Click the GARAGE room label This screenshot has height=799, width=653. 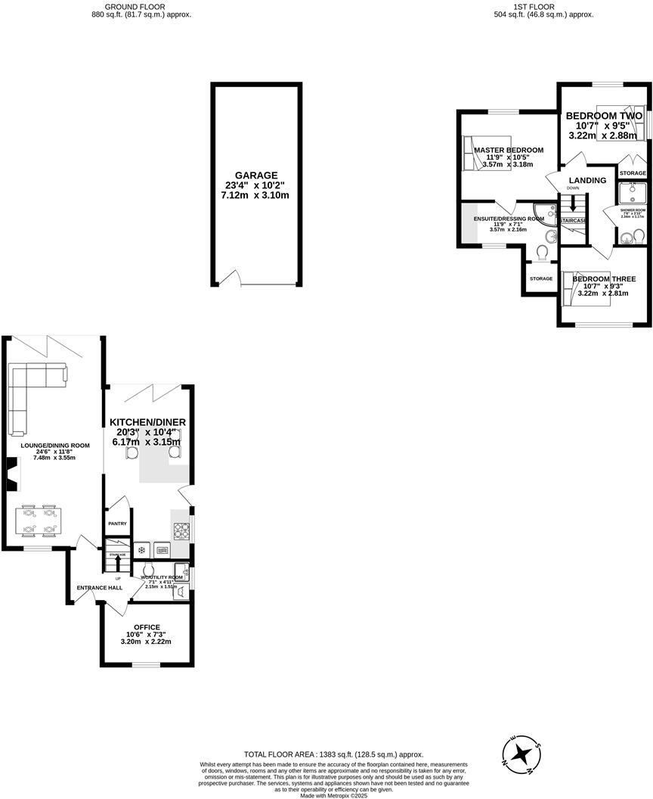pyautogui.click(x=256, y=175)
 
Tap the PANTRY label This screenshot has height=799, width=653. pyautogui.click(x=117, y=523)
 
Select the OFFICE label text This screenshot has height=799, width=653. pyautogui.click(x=147, y=627)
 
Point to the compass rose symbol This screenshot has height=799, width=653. pyautogui.click(x=521, y=754)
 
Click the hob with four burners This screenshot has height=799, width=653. pyautogui.click(x=182, y=530)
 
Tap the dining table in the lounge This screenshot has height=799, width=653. pyautogui.click(x=38, y=519)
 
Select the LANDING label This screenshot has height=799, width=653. pyautogui.click(x=587, y=180)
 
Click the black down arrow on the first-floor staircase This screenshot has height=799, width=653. pyautogui.click(x=574, y=205)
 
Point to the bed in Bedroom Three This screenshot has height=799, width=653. pyautogui.click(x=586, y=292)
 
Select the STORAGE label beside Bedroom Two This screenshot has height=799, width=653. pyautogui.click(x=633, y=173)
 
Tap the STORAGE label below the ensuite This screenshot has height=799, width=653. pyautogui.click(x=541, y=278)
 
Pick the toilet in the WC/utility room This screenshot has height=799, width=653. pyautogui.click(x=149, y=569)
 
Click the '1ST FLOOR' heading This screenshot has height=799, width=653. pyautogui.click(x=534, y=7)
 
